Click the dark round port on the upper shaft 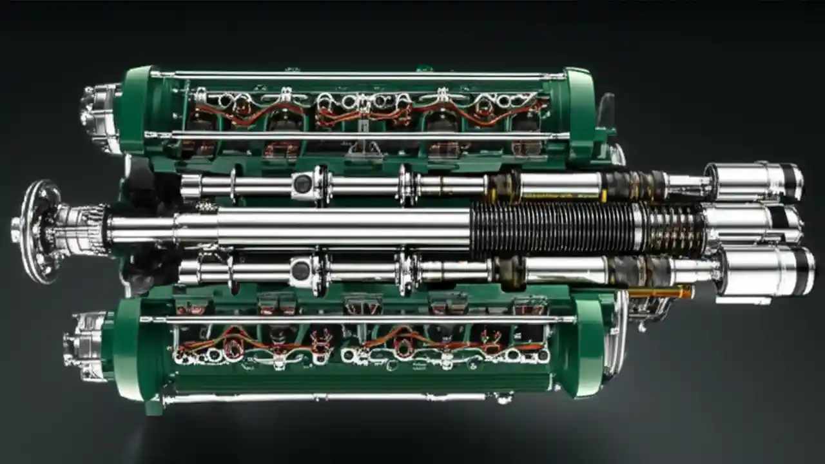tap(302, 184)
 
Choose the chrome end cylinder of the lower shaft tap(754, 271)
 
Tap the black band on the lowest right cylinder tap(802, 271)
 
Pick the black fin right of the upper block tap(607, 110)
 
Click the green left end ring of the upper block tap(137, 113)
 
